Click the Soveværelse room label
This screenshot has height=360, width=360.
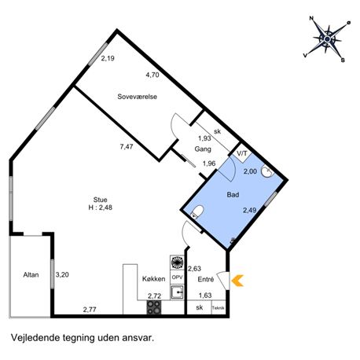137,97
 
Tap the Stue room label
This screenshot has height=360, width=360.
101,200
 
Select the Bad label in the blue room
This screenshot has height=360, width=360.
233,195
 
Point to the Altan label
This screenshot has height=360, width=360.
31,274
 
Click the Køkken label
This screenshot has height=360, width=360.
154,279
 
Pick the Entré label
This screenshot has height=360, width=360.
206,279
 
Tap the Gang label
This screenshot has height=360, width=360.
203,149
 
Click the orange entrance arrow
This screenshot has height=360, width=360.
237,281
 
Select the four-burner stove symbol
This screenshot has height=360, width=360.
154,307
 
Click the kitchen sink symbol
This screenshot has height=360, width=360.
178,292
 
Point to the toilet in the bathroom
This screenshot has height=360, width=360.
197,211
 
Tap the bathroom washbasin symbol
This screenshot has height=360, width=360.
267,171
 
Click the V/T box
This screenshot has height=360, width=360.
242,153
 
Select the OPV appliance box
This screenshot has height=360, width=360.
177,277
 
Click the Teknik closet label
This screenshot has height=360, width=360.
219,308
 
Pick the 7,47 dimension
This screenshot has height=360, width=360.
127,147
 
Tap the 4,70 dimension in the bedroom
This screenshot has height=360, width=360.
152,75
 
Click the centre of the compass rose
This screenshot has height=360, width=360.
327,39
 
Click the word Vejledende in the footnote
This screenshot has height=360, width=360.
35,337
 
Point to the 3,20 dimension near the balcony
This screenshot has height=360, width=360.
62,274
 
